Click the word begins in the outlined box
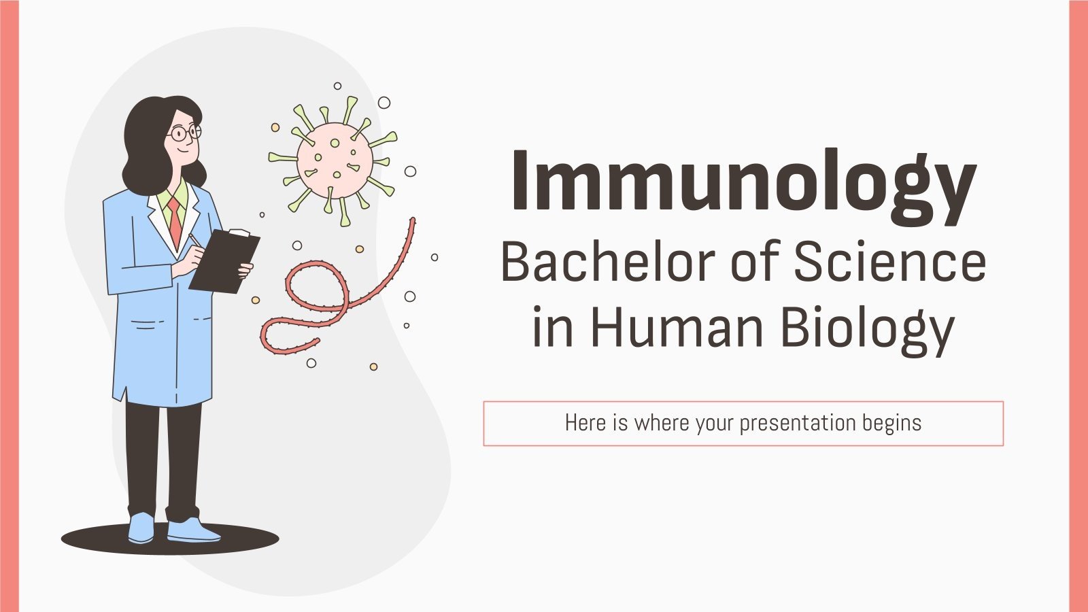pyautogui.click(x=891, y=424)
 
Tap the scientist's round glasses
pyautogui.click(x=184, y=133)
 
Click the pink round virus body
pyautogui.click(x=335, y=160)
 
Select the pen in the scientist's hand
pyautogui.click(x=195, y=240)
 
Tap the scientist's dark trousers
pyautogui.click(x=163, y=456)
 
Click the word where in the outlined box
pyautogui.click(x=662, y=423)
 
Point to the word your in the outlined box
pyautogui.click(x=715, y=424)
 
